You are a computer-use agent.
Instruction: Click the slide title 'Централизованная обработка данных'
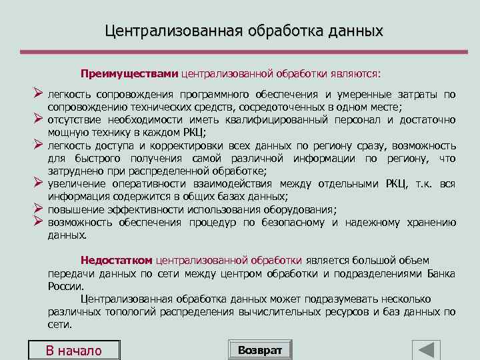[244, 31]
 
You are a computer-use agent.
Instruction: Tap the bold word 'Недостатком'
[116, 260]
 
